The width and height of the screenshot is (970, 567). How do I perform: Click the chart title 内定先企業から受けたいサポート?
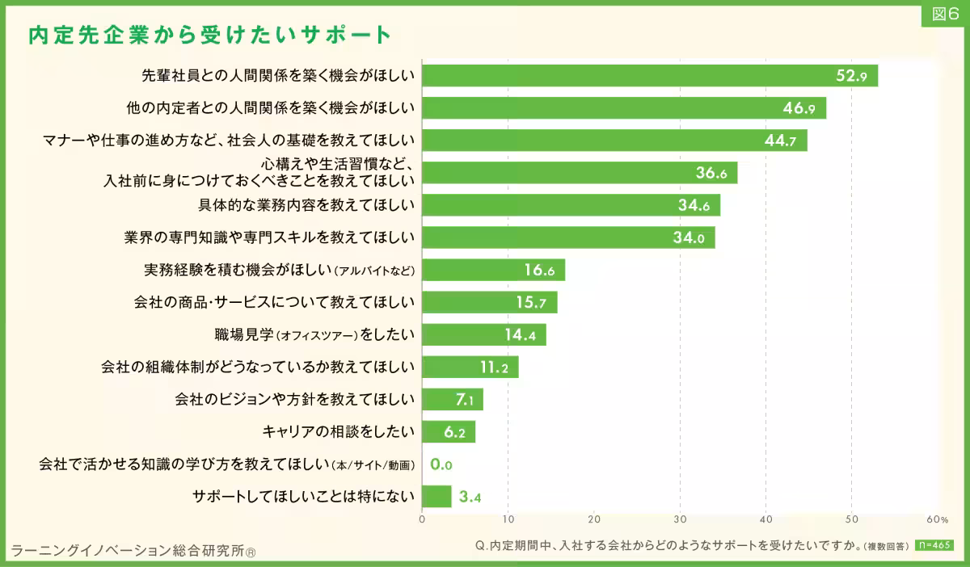tap(209, 35)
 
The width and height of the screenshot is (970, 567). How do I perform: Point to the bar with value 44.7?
tap(614, 141)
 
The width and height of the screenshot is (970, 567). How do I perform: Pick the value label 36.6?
tap(712, 173)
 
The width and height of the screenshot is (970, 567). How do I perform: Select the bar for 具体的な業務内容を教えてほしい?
tap(571, 205)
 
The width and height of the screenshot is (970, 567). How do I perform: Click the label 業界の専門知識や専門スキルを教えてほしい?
tap(269, 237)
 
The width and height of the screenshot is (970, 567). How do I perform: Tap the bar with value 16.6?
tap(493, 270)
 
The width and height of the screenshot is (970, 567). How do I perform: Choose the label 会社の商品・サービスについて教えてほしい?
tap(274, 302)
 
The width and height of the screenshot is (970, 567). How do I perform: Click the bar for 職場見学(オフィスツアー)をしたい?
tap(484, 334)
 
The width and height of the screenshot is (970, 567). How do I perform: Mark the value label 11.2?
tap(493, 367)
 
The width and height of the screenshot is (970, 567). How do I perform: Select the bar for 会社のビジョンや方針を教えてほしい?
tap(453, 399)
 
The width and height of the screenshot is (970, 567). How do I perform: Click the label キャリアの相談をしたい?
tap(339, 431)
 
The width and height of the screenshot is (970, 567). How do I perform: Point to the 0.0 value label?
tap(441, 464)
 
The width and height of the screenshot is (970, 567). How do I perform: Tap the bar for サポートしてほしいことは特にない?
tap(436, 496)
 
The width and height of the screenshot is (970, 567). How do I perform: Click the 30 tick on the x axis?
tap(680, 519)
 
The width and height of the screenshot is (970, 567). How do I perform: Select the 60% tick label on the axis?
tap(937, 519)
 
